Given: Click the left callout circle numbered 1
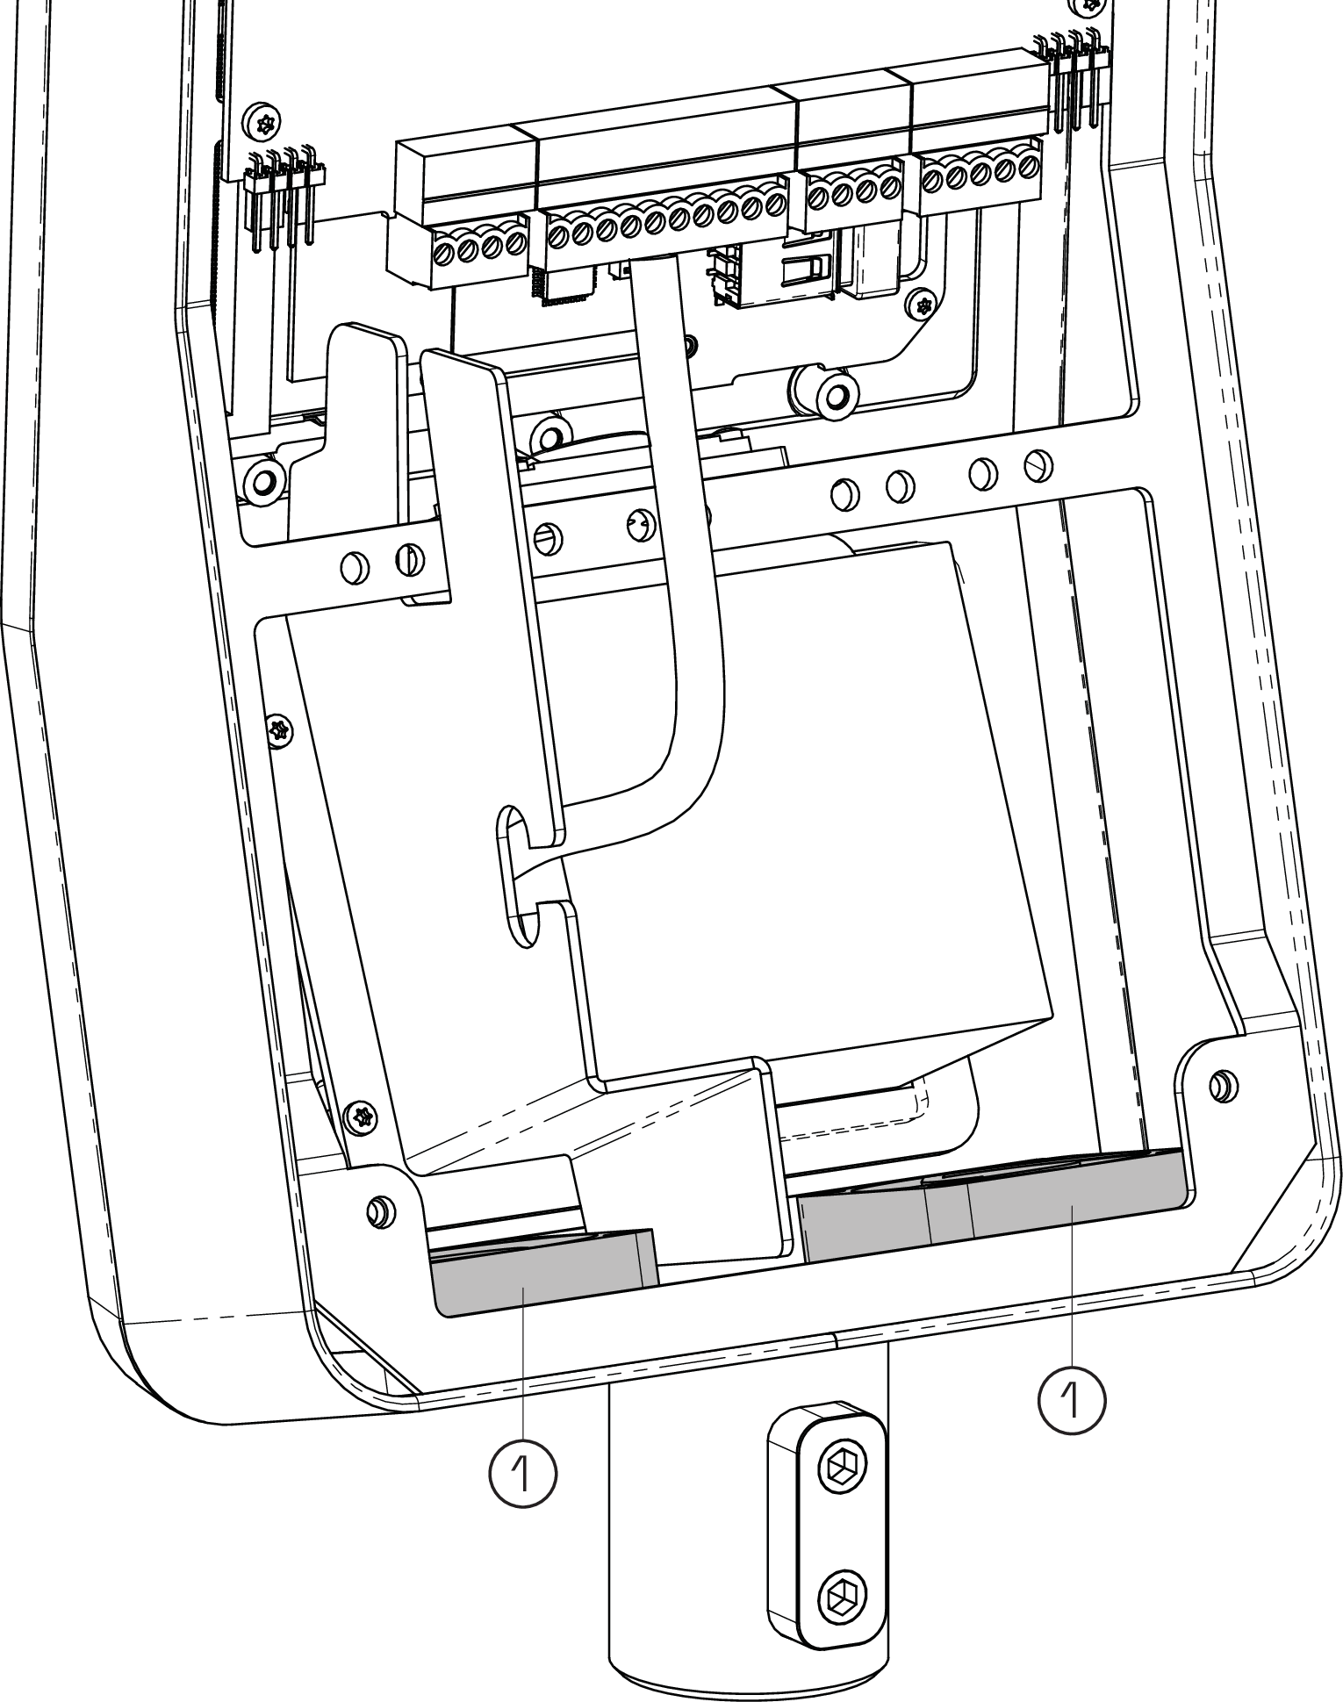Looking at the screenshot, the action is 522,1471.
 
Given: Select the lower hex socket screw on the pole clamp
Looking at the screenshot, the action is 842,1595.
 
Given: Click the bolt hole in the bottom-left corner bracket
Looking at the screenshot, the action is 378,1211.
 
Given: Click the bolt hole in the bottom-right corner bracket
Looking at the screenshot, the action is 1219,1086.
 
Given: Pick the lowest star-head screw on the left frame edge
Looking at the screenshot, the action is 361,1117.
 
